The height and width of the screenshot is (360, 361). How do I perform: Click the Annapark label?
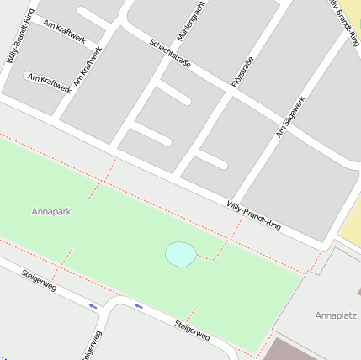[51, 211]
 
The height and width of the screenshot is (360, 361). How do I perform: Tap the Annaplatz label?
[336, 315]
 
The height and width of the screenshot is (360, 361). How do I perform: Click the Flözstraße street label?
[242, 71]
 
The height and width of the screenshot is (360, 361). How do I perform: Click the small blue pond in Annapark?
[180, 254]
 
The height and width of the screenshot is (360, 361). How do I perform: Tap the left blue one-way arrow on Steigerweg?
[93, 306]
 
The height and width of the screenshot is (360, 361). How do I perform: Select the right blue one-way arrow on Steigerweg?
[138, 306]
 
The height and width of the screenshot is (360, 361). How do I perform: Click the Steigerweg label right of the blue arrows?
[192, 331]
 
